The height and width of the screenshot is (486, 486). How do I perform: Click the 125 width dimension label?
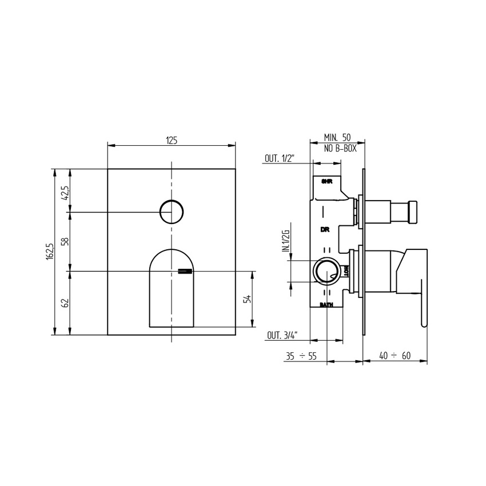tap(172, 140)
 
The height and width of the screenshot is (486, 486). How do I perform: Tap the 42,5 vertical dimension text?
tap(66, 190)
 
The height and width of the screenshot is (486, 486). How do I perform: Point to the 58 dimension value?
tap(66, 241)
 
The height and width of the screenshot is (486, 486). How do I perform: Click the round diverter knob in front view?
tap(171, 212)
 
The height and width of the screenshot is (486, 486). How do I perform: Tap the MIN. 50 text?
tap(337, 138)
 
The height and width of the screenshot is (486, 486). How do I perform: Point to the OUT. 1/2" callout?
tap(279, 159)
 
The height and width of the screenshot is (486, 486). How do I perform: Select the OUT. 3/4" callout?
tap(280, 337)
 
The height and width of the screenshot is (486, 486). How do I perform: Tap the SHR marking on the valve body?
tap(326, 182)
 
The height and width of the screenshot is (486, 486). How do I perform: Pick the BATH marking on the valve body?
tap(326, 305)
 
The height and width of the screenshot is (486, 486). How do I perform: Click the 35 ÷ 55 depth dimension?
tap(301, 356)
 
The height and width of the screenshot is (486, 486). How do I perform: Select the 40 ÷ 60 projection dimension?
tap(395, 356)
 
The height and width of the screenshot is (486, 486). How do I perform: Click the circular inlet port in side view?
tap(326, 270)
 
